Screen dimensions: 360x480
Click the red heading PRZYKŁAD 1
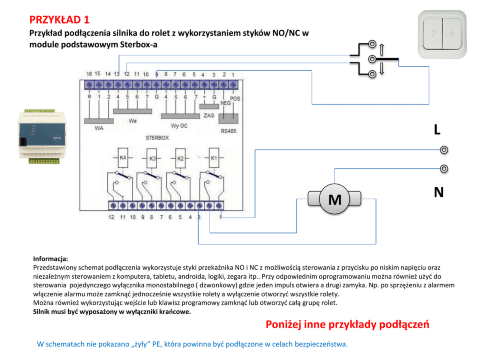point(60,20)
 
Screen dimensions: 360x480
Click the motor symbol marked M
point(335,199)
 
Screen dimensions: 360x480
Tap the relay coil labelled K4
point(122,158)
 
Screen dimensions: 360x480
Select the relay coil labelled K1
point(213,158)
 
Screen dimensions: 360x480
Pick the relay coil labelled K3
point(152,158)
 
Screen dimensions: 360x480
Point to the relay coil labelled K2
point(180,158)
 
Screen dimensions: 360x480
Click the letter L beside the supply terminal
point(437,130)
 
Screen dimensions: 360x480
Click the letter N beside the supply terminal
point(438,193)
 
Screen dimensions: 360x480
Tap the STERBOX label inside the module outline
point(158,138)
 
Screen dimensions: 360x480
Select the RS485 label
point(228,131)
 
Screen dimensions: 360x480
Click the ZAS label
point(209,116)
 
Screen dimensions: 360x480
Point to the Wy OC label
point(179,125)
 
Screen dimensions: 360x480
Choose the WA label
point(99,129)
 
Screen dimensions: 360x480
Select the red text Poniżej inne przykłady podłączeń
point(347,325)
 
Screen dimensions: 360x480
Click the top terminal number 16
point(89,74)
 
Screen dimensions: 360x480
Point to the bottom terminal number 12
point(112,217)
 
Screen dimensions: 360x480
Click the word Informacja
point(50,258)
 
